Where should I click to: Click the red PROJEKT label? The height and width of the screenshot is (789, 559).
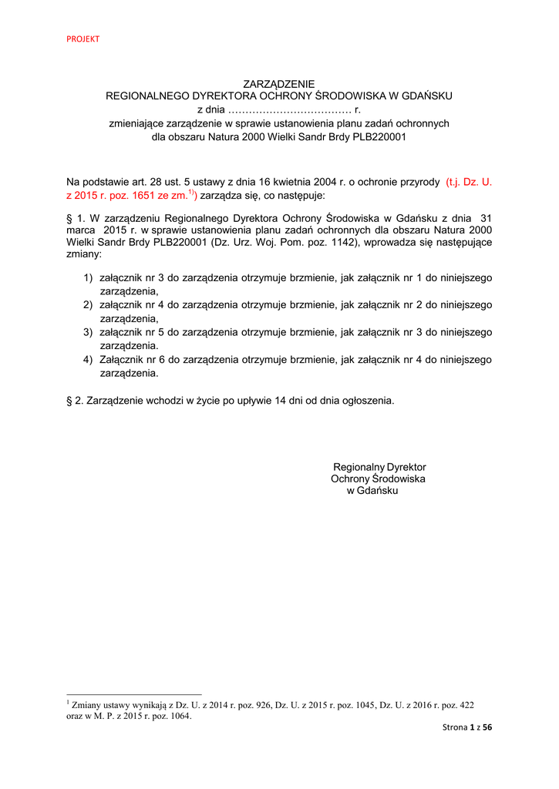point(83,39)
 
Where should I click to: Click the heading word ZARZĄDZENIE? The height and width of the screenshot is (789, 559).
point(278,83)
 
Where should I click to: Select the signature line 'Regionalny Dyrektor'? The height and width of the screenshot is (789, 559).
point(379,468)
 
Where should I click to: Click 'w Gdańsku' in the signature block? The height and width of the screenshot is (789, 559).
point(372,491)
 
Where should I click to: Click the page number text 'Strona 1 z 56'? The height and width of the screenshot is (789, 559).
point(466,727)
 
